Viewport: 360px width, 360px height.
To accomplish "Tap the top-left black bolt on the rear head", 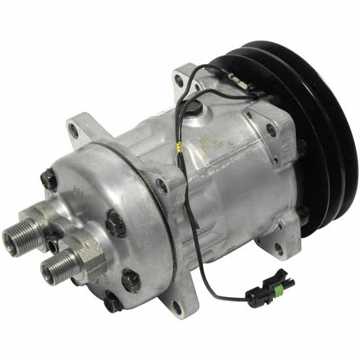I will click(47, 177).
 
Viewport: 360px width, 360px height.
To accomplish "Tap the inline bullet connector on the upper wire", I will click(242, 83).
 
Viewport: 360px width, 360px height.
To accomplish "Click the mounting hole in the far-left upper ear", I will click(73, 130).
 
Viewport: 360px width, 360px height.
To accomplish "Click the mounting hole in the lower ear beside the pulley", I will click(279, 247).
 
